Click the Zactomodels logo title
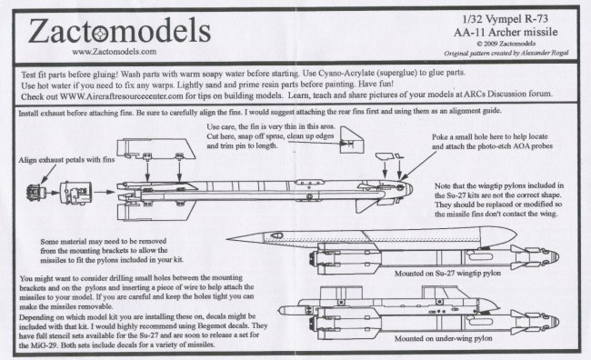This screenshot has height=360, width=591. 119,31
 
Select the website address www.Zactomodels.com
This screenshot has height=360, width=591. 115,52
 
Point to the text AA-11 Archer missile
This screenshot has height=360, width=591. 506,32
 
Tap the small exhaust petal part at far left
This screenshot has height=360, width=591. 35,192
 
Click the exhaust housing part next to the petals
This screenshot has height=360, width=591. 75,193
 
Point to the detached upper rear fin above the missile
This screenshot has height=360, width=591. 155,148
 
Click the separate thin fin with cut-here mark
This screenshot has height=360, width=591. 352,140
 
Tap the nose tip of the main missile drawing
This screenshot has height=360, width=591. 412,188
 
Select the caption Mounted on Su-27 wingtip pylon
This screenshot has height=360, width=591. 447,274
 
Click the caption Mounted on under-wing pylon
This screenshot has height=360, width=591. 444,338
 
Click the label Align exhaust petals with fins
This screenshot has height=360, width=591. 66,160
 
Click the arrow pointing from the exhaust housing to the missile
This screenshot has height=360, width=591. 105,192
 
